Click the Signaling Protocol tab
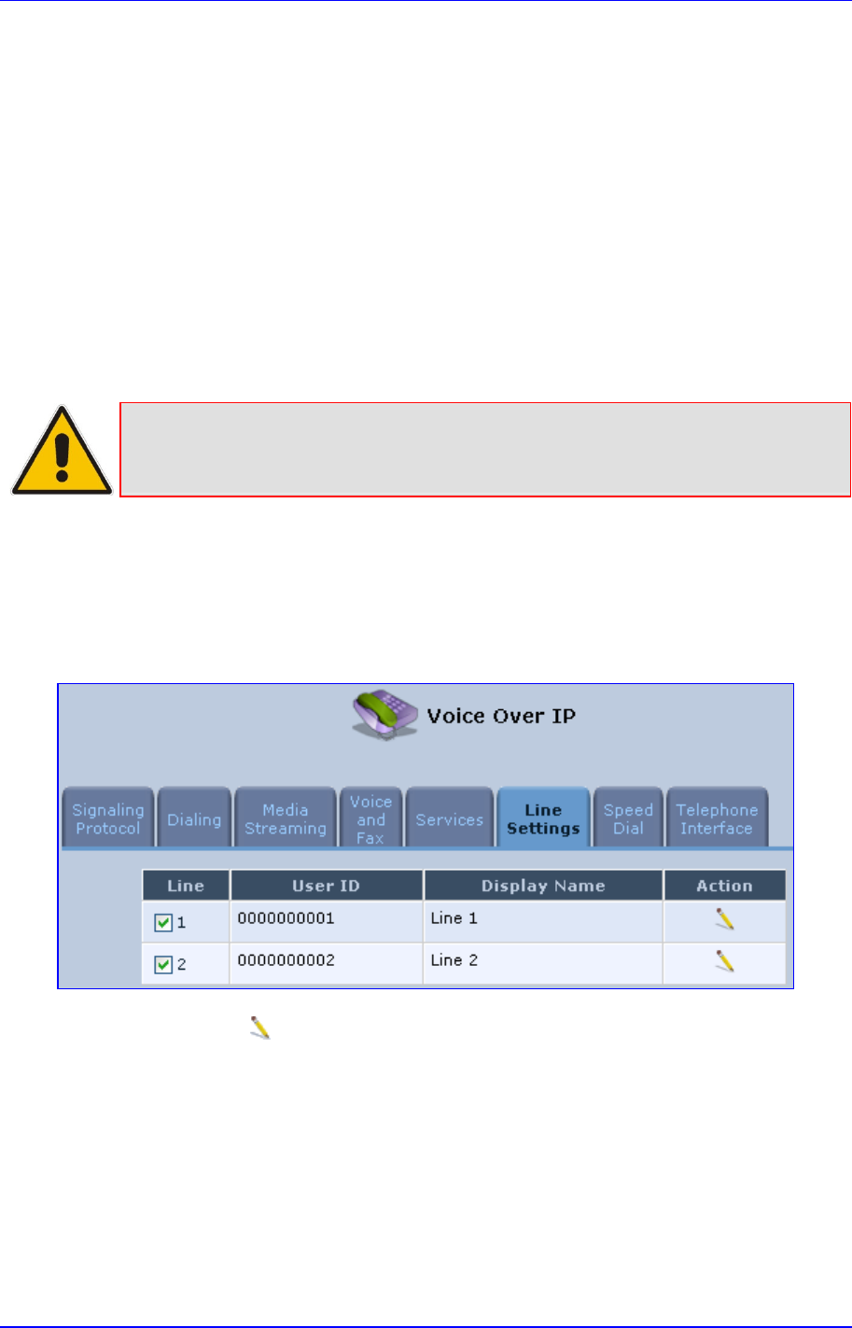[108, 819]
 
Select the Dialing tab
[194, 819]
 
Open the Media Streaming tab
[286, 819]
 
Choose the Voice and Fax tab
[370, 819]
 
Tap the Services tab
[450, 819]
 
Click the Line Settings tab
[543, 819]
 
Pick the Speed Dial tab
[628, 819]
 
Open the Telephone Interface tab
[716, 819]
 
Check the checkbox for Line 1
[163, 923]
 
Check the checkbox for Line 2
[163, 965]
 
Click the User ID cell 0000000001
[286, 918]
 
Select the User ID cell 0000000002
[286, 960]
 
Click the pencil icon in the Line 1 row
[724, 920]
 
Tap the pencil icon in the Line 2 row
[724, 961]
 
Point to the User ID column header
[326, 886]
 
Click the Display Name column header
[543, 886]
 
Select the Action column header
[724, 886]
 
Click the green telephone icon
[384, 716]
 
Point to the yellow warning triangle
[62, 452]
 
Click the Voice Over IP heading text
[501, 716]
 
